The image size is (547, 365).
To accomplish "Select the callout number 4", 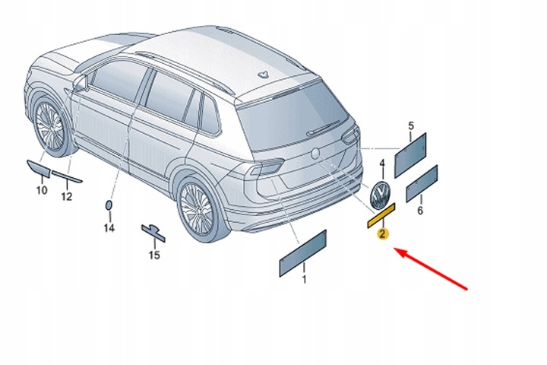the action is (x=382, y=163).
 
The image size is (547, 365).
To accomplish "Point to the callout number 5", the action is (x=411, y=125).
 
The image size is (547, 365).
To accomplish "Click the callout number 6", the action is (x=420, y=211).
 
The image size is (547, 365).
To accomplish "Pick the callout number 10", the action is (x=41, y=190).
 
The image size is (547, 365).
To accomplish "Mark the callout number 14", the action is (x=109, y=227).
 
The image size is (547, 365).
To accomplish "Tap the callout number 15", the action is (x=154, y=255).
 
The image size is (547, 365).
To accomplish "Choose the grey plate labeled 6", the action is (x=422, y=183).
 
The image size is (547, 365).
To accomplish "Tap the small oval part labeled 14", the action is (x=109, y=205).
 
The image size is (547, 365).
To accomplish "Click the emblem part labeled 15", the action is (x=153, y=230).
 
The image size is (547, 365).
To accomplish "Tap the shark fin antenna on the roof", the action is (x=263, y=75).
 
